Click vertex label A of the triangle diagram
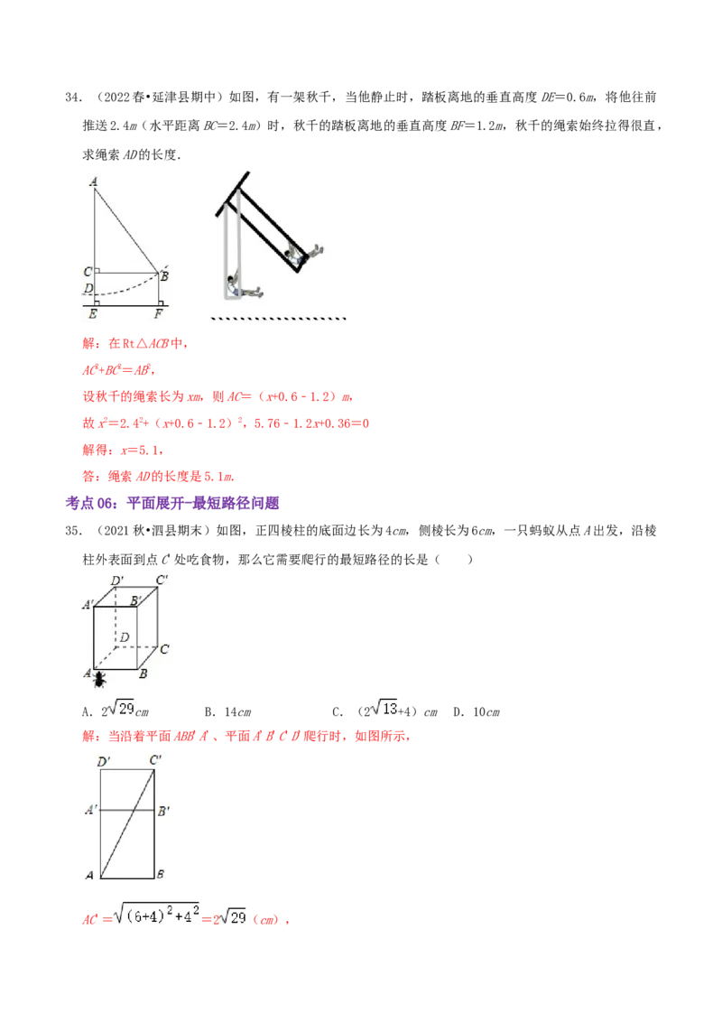(94, 181)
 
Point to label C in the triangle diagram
(88, 271)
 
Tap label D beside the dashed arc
(88, 288)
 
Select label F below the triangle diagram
(159, 315)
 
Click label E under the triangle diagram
(92, 315)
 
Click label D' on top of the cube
(117, 581)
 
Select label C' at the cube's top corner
(162, 579)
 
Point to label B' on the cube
(135, 599)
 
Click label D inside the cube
(125, 637)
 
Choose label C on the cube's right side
(164, 648)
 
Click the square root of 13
(386, 709)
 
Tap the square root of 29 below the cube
(121, 709)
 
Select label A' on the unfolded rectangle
(91, 811)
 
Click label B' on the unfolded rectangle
(163, 811)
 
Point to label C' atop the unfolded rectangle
(155, 760)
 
